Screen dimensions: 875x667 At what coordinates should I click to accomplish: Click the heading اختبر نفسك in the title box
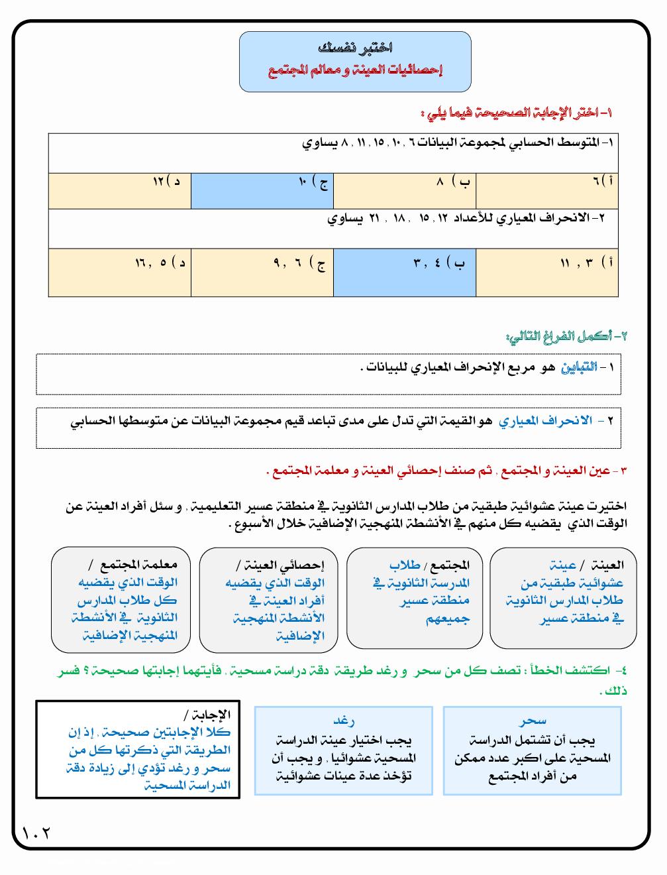coord(355,48)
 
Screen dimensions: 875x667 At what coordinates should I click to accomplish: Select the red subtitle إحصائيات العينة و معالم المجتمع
coord(355,70)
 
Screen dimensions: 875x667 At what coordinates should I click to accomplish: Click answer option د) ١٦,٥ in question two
coord(160,263)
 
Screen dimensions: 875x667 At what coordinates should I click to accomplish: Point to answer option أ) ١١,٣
coord(586,263)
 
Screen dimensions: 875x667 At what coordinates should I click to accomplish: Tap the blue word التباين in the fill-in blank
coord(579,367)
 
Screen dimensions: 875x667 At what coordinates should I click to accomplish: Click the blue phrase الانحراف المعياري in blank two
coord(545,421)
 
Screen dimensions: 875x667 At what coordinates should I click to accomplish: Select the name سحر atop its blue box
coord(533,721)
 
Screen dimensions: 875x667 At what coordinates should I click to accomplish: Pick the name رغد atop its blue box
coord(344,721)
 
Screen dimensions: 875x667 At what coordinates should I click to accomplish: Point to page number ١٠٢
coord(36,833)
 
